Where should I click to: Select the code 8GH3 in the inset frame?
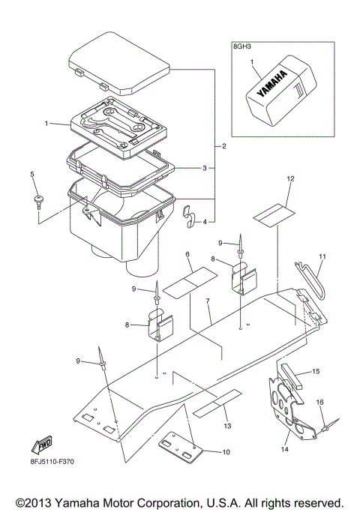pyautogui.click(x=243, y=47)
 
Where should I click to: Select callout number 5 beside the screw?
pyautogui.click(x=32, y=175)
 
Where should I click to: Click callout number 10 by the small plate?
pyautogui.click(x=226, y=453)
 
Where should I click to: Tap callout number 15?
pyautogui.click(x=316, y=370)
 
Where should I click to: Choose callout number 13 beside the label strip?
pyautogui.click(x=228, y=425)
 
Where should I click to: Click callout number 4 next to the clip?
pyautogui.click(x=204, y=222)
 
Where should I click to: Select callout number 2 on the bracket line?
pyautogui.click(x=223, y=145)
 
